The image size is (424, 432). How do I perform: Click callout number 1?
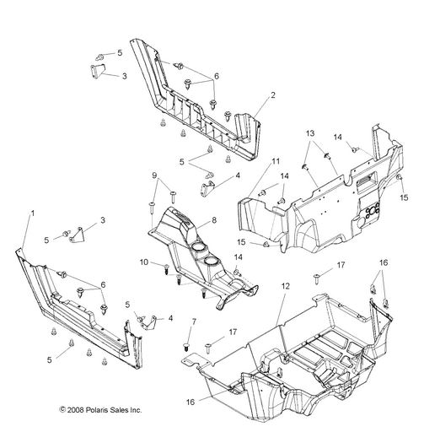[x=33, y=213]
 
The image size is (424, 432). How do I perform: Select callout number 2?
[x=273, y=95]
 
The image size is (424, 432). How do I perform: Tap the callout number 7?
[x=194, y=321]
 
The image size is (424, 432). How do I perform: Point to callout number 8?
[x=214, y=220]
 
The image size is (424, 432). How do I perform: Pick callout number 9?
[x=154, y=175]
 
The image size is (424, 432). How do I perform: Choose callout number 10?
[x=144, y=262]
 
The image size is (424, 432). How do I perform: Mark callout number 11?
[x=276, y=161]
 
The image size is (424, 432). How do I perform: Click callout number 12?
[x=286, y=286]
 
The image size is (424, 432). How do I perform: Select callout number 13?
[x=310, y=133]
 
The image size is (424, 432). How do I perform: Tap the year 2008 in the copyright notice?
[x=75, y=410]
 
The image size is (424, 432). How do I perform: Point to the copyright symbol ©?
[x=62, y=410]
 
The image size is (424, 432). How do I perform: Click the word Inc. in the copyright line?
[x=136, y=410]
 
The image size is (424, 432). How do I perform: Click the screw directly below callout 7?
[x=186, y=347]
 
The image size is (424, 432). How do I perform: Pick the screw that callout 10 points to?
[x=166, y=269]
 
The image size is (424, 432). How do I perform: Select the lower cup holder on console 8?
[x=212, y=262]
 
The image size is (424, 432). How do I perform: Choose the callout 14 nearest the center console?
[x=238, y=257]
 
